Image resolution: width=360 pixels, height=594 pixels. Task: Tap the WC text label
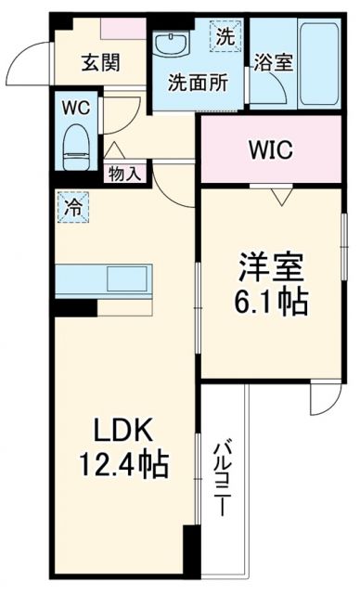[x=75, y=108]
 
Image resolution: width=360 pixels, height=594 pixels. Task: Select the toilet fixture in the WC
[x=74, y=147]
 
